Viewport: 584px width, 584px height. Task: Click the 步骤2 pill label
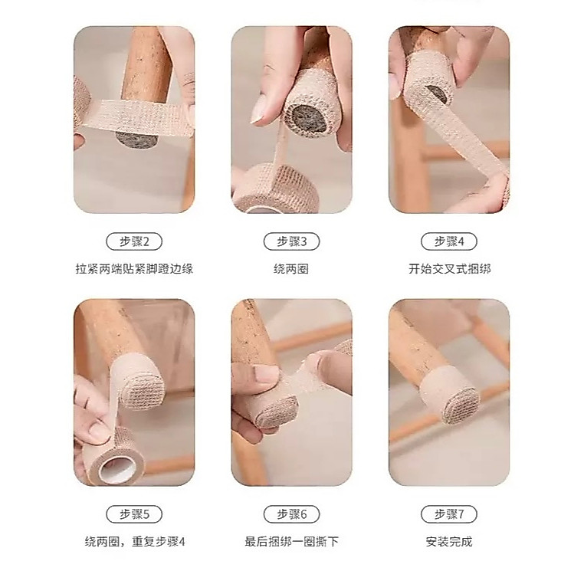point(134,241)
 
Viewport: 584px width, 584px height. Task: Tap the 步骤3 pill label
point(292,241)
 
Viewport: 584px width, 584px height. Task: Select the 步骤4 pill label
point(449,241)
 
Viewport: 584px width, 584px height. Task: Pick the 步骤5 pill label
point(134,514)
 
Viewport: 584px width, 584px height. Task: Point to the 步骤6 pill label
point(292,514)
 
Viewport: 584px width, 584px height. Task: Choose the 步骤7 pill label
point(449,514)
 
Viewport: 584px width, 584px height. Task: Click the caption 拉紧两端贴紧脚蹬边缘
point(134,269)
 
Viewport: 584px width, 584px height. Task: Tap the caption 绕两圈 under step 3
point(291,269)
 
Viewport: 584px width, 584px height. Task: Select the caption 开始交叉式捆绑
point(450,269)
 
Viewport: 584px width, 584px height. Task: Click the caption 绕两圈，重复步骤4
point(135,542)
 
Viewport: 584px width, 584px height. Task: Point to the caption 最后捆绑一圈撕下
point(292,542)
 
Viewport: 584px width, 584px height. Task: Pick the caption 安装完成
point(449,542)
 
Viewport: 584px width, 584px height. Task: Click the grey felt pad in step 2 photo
point(136,139)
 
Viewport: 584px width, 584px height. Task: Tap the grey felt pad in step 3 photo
point(308,119)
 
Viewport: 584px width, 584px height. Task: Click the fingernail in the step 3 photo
point(260,110)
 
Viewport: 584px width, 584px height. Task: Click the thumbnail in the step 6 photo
point(266,373)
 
